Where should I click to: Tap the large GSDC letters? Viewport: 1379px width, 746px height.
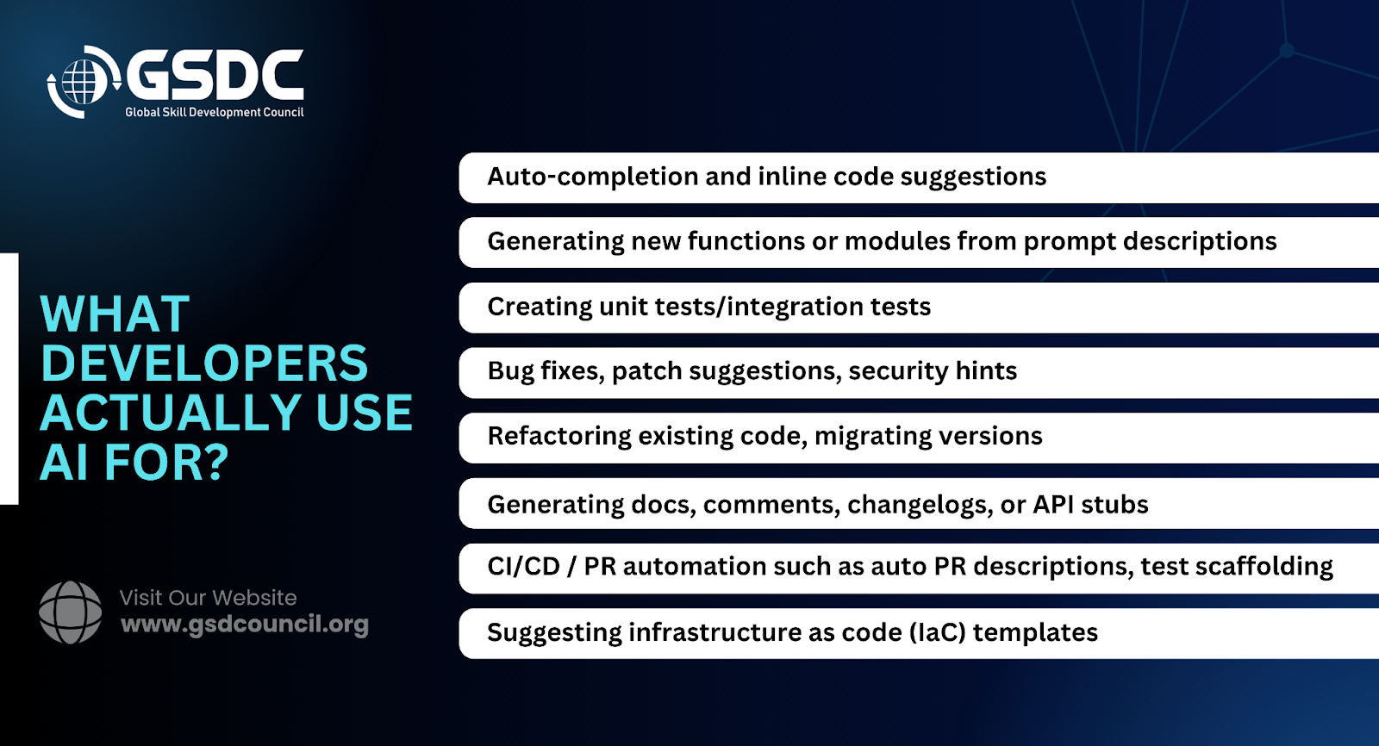click(x=215, y=75)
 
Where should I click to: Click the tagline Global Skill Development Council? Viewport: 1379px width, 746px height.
click(x=215, y=112)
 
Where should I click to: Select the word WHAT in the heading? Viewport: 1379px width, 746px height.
click(x=115, y=314)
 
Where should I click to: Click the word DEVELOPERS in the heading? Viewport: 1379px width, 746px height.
click(x=204, y=364)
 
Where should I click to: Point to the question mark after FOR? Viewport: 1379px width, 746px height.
click(x=215, y=462)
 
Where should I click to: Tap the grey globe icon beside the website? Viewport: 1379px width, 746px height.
click(x=70, y=612)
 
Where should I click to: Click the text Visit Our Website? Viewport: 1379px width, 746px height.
click(x=208, y=598)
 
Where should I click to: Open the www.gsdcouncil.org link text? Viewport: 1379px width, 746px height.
click(x=245, y=625)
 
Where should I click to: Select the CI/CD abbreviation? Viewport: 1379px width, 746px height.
click(x=524, y=566)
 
